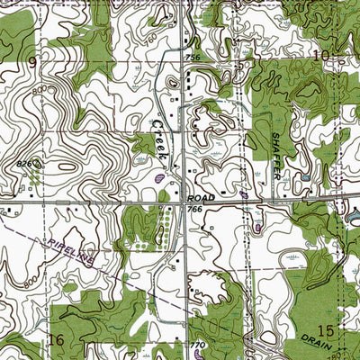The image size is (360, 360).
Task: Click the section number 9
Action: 32,61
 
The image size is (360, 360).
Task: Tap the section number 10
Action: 319,56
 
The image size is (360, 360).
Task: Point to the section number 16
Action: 57,340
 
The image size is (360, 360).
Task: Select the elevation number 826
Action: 24,163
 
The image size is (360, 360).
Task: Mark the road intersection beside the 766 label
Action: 185,202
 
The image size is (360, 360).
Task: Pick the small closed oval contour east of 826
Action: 67,166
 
